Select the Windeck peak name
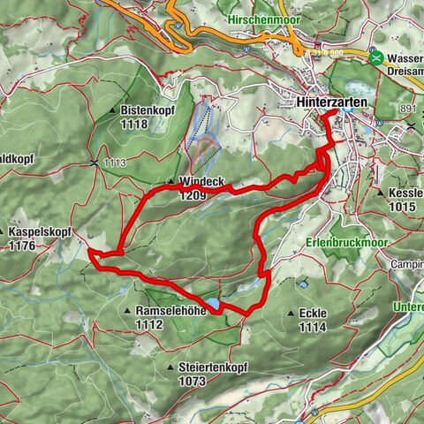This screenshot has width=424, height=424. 203,183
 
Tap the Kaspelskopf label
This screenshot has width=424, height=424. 43,231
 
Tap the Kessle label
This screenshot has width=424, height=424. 405,193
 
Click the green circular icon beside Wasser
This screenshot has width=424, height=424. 377,57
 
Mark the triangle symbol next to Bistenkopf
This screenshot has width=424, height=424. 113,110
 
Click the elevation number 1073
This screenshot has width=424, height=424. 191,382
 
